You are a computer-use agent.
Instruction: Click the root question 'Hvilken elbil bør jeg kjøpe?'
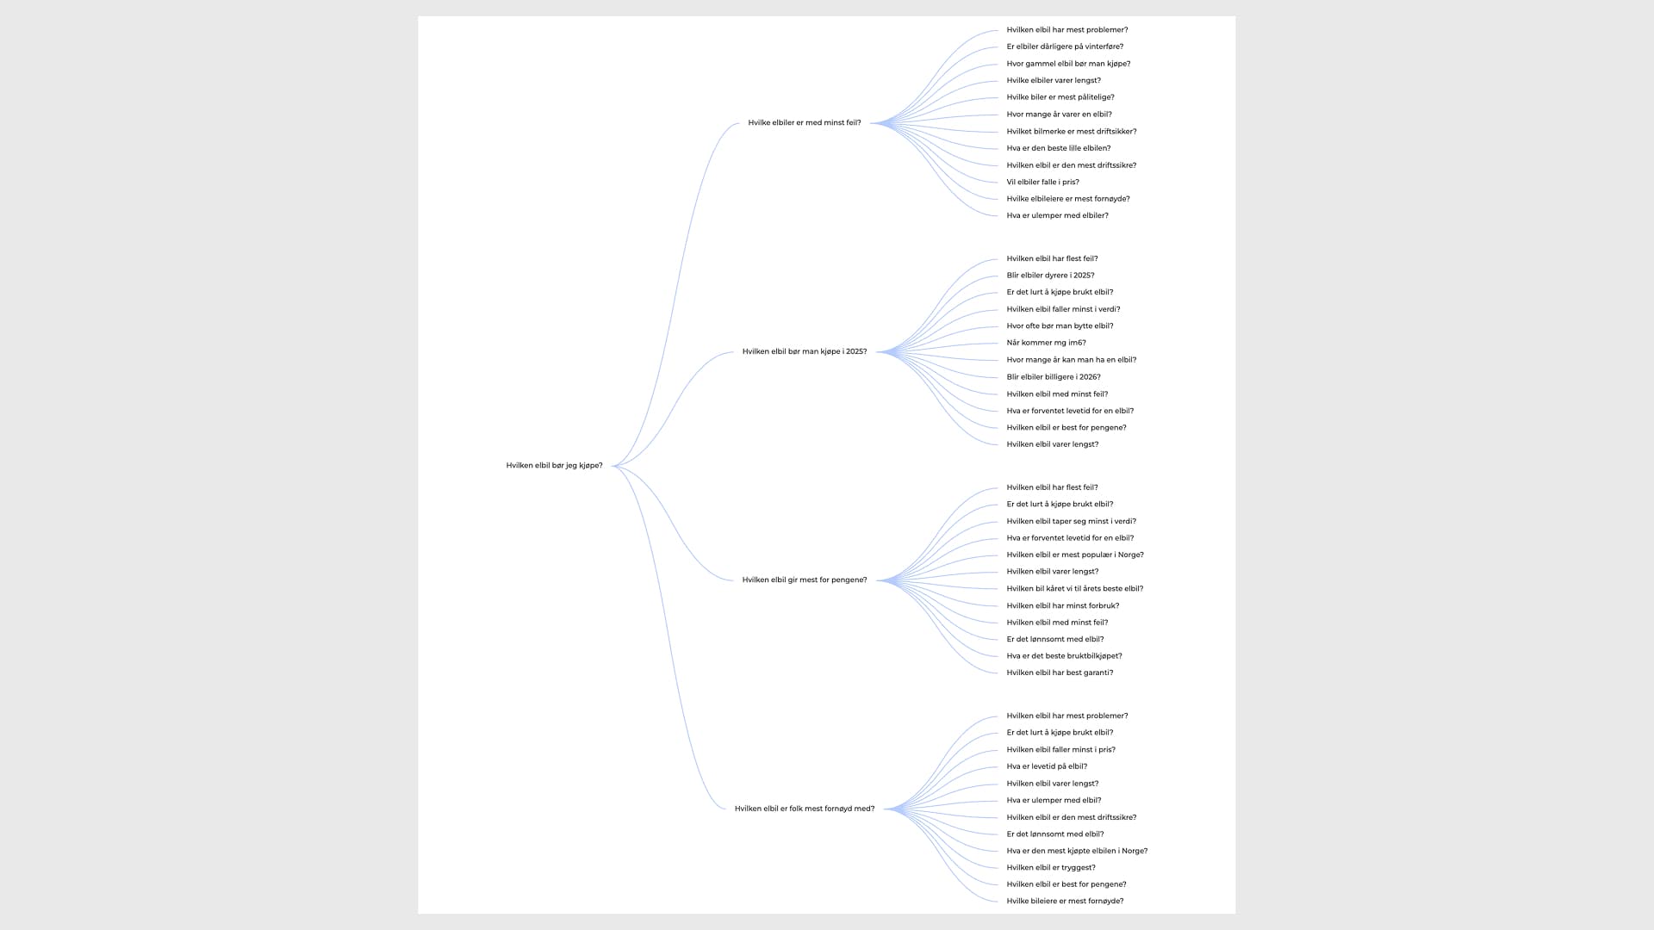pos(554,466)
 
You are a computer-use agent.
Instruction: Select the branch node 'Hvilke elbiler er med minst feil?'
pos(805,123)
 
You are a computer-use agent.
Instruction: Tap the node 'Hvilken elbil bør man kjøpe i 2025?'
pos(805,351)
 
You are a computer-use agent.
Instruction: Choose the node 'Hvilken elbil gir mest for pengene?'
pos(805,580)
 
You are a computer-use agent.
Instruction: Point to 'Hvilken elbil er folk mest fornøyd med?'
pos(805,809)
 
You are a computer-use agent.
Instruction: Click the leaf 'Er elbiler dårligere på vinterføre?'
pos(1065,46)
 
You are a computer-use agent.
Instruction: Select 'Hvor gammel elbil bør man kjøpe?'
pos(1068,64)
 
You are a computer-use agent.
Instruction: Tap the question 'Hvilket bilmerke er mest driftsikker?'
pos(1072,132)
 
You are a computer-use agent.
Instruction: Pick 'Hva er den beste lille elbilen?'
pos(1059,148)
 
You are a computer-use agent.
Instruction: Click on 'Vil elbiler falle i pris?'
pos(1042,183)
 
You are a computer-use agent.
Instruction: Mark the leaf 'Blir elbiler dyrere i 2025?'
pos(1050,276)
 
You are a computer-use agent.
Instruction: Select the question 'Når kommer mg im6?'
pos(1046,343)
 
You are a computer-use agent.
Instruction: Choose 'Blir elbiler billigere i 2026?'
pos(1054,377)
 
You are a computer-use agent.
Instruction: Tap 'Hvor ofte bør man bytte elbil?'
pos(1060,326)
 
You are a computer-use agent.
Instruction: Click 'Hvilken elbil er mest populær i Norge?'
pos(1075,555)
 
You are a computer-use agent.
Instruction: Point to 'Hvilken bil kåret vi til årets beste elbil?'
pos(1075,589)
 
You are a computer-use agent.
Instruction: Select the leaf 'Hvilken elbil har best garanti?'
pos(1060,673)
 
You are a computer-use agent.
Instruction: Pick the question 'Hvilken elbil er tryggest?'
pos(1051,868)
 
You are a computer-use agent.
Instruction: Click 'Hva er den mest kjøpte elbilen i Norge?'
pos(1077,851)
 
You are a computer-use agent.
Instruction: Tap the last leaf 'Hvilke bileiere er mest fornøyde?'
pos(1065,902)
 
